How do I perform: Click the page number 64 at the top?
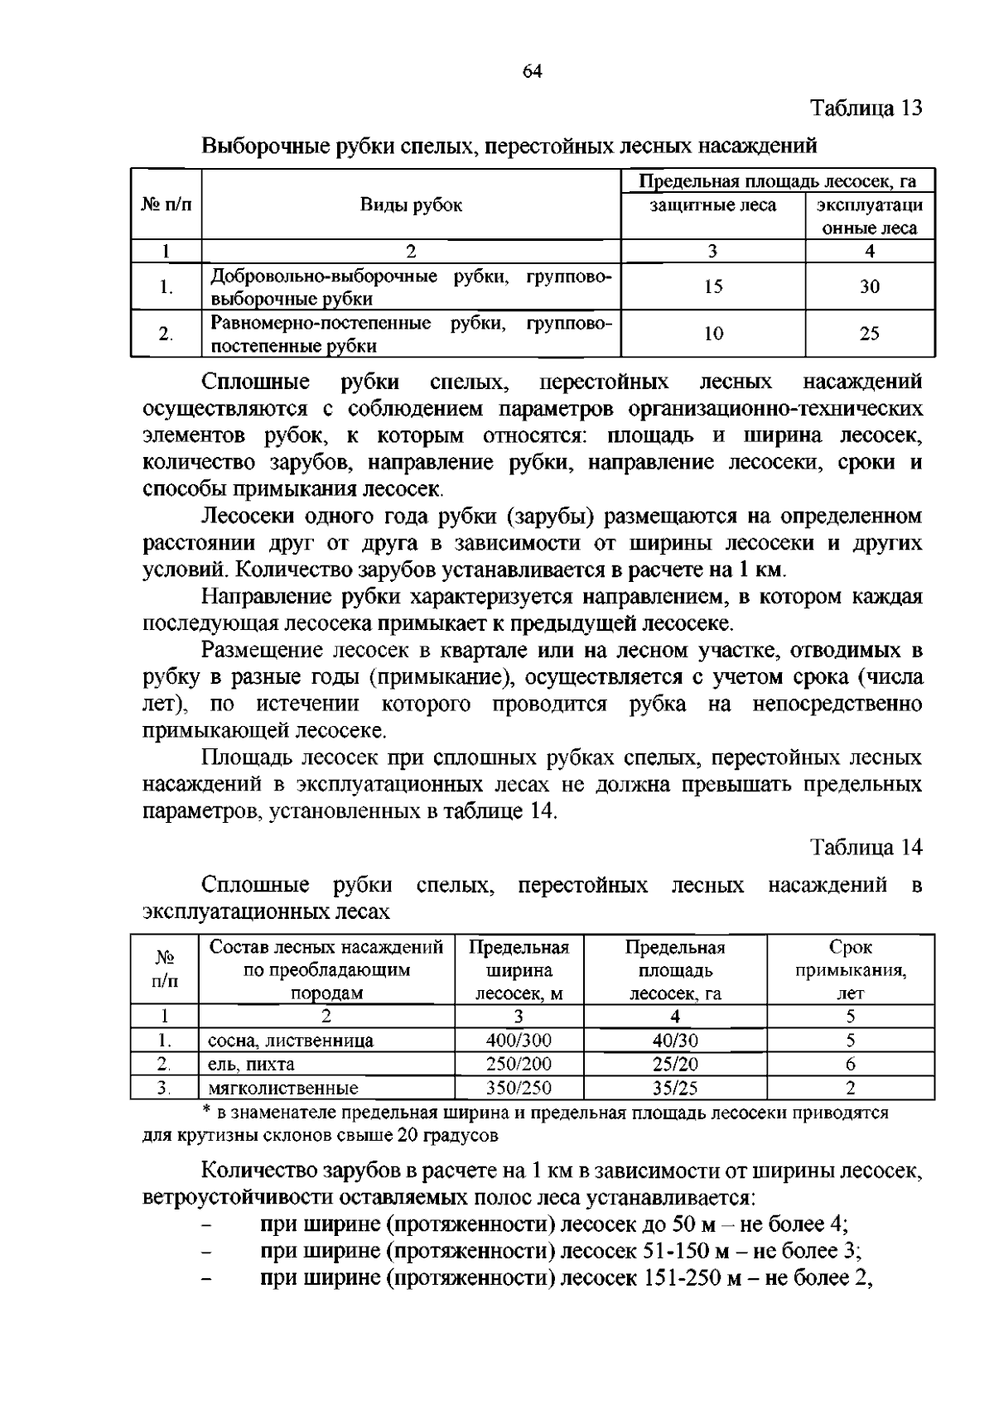click(532, 71)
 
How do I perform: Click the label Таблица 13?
click(866, 108)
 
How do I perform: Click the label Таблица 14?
click(866, 848)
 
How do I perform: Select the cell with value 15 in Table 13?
click(713, 286)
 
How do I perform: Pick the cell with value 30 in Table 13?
click(870, 286)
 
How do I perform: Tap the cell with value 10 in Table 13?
click(713, 334)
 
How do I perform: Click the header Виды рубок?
click(411, 204)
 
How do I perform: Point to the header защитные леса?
click(712, 204)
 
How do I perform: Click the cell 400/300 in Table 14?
click(519, 1041)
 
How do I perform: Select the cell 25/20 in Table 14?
click(675, 1065)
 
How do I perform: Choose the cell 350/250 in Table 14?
click(519, 1088)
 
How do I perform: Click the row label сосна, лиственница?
click(291, 1041)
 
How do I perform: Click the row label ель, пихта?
click(251, 1065)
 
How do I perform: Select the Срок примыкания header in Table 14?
click(851, 970)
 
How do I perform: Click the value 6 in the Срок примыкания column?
click(851, 1065)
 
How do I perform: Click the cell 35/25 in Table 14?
click(675, 1088)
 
